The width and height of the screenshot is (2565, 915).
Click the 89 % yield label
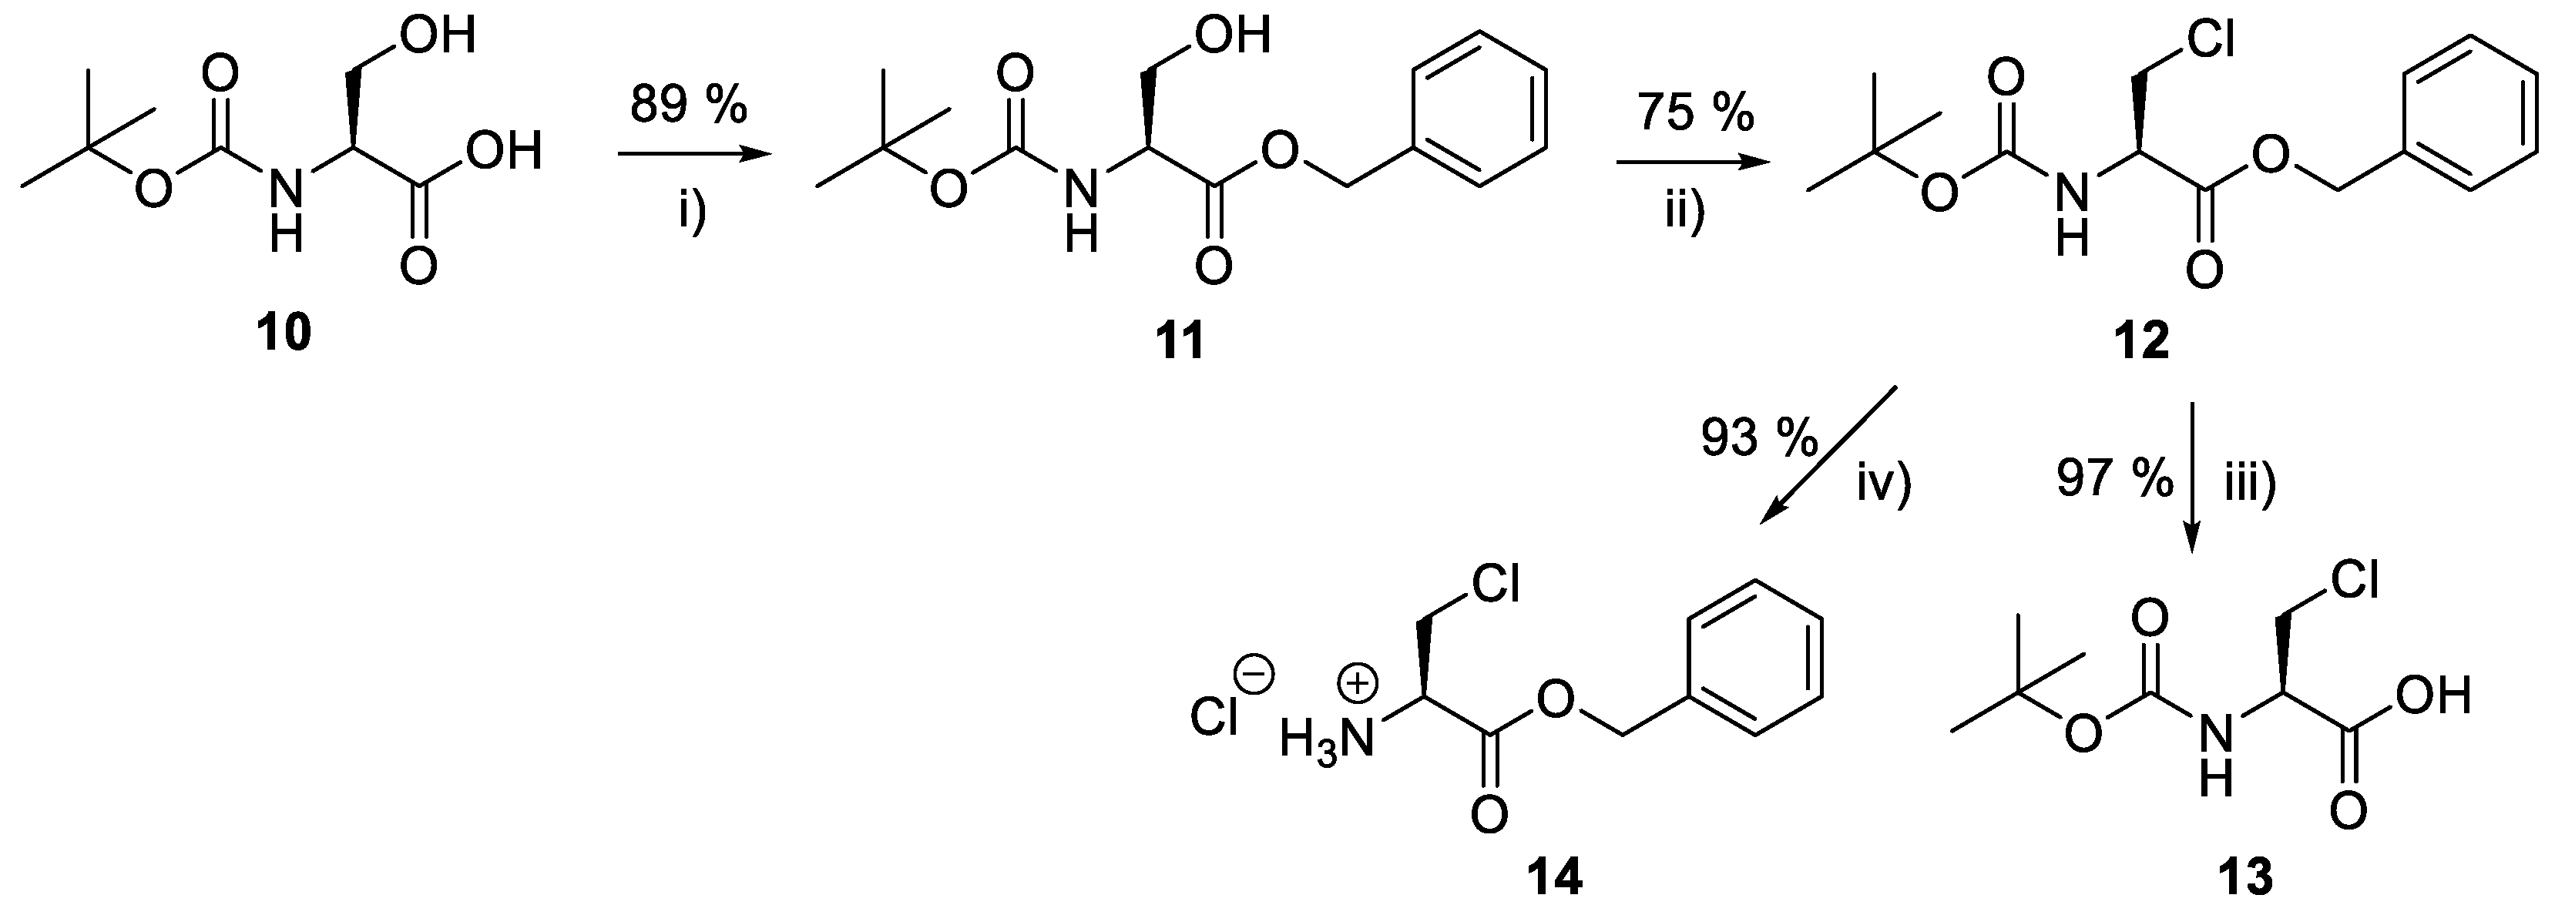click(688, 106)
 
